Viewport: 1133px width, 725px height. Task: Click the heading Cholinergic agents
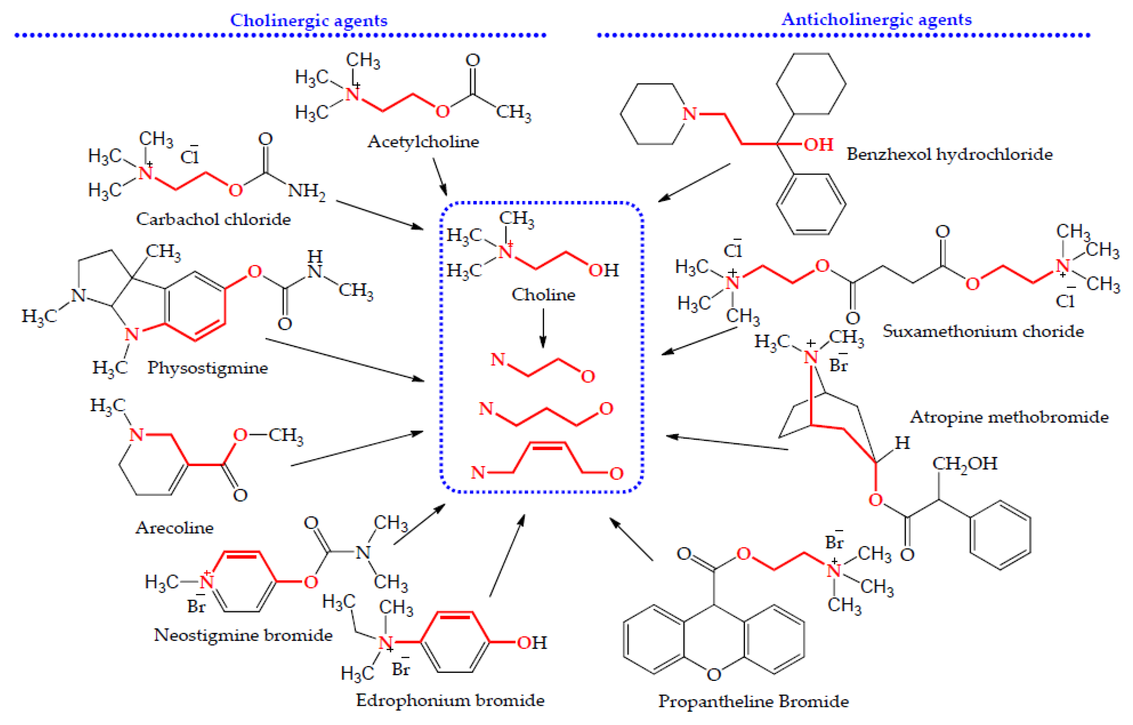point(309,20)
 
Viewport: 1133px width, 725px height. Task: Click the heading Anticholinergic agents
point(876,19)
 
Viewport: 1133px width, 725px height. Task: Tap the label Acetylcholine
point(423,141)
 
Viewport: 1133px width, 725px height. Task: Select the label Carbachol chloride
point(213,219)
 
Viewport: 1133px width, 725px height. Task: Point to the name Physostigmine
point(207,368)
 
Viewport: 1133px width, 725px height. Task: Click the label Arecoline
point(175,528)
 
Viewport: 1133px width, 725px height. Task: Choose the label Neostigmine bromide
point(243,635)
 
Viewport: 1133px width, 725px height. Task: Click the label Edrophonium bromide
point(450,700)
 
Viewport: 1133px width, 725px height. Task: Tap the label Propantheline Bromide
point(753,701)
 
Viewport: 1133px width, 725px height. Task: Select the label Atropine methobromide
point(1009,417)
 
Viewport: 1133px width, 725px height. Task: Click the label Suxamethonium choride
point(983,331)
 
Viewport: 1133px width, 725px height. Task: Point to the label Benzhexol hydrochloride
point(949,154)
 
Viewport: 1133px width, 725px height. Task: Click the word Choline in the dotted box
point(543,295)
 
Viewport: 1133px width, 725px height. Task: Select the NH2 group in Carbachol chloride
point(306,191)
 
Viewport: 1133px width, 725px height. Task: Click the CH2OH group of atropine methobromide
point(965,463)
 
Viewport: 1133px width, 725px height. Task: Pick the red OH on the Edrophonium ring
point(532,643)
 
